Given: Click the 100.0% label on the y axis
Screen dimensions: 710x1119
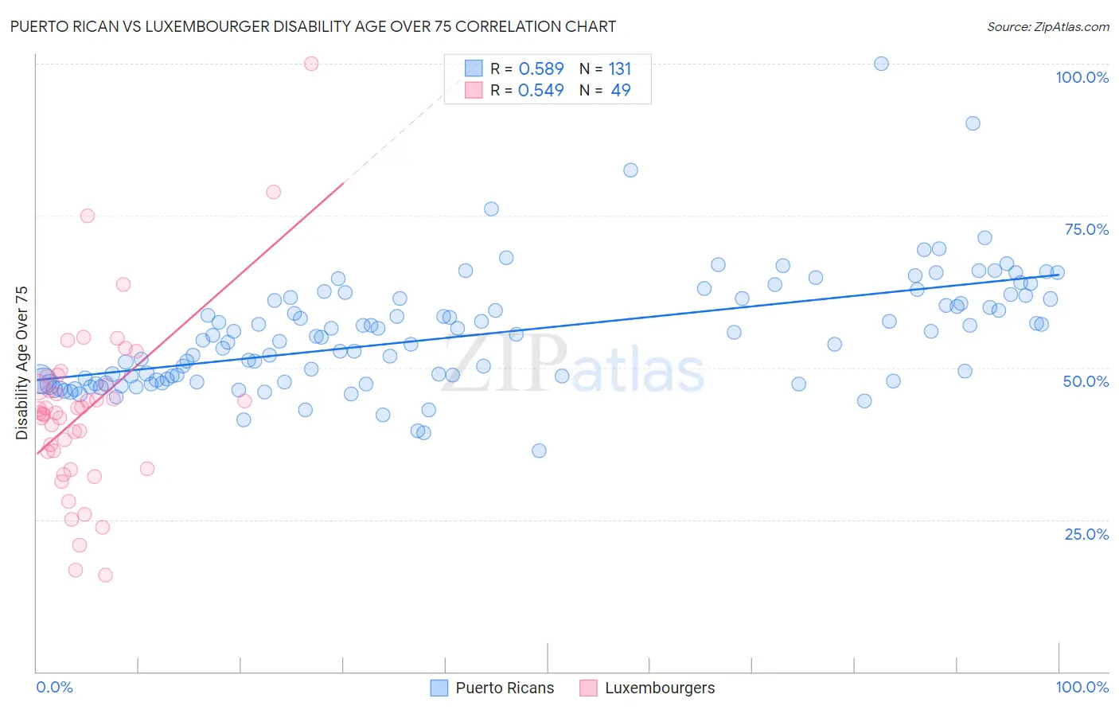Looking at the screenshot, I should pyautogui.click(x=1082, y=77).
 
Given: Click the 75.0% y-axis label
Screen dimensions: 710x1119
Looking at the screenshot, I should pyautogui.click(x=1086, y=229).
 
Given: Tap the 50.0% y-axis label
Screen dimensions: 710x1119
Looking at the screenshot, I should pyautogui.click(x=1086, y=381).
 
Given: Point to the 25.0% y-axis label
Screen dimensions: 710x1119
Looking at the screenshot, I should pyautogui.click(x=1086, y=534).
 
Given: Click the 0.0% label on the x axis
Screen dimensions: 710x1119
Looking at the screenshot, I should pyautogui.click(x=54, y=687).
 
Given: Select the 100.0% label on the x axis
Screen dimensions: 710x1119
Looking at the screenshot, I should pyautogui.click(x=1082, y=687).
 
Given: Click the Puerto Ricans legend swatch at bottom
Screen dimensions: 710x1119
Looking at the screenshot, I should pyautogui.click(x=439, y=688).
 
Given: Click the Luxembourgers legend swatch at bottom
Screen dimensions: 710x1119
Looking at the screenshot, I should pyautogui.click(x=588, y=688).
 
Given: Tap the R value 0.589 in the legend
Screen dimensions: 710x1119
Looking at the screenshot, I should pyautogui.click(x=540, y=69).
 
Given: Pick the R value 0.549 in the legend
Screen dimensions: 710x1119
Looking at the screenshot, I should pyautogui.click(x=540, y=91).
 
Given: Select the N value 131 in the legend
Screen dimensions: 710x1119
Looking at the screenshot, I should pyautogui.click(x=619, y=69).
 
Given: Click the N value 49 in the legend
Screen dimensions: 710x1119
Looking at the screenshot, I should pyautogui.click(x=620, y=91).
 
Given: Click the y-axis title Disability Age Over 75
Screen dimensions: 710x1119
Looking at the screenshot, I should pyautogui.click(x=21, y=363).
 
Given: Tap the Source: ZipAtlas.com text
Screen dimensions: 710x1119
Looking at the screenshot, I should pyautogui.click(x=1047, y=27).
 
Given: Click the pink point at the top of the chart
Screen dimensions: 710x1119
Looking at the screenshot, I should pyautogui.click(x=311, y=64).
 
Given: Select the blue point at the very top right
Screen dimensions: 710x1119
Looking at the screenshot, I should pyautogui.click(x=881, y=64).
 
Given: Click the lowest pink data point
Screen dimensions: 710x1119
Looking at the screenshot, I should pyautogui.click(x=105, y=575).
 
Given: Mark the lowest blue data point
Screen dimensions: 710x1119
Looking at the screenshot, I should pyautogui.click(x=539, y=451).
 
